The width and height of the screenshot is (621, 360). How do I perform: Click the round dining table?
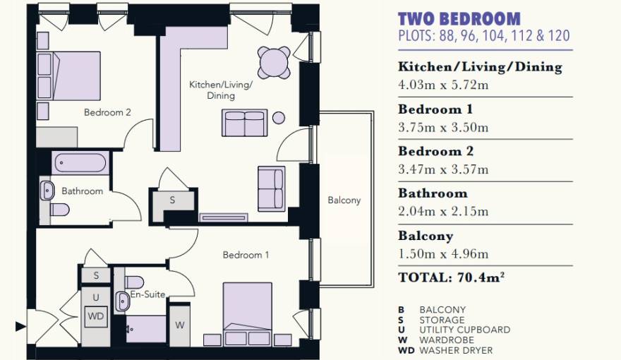pyautogui.click(x=274, y=62)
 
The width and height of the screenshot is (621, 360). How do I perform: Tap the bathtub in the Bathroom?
pyautogui.click(x=80, y=163)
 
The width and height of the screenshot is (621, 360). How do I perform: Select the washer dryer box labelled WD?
pyautogui.click(x=96, y=316)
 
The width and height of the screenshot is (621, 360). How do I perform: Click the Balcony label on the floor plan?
pyautogui.click(x=344, y=200)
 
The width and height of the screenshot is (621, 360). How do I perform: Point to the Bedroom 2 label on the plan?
pyautogui.click(x=107, y=112)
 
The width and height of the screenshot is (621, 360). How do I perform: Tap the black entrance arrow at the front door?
pyautogui.click(x=20, y=327)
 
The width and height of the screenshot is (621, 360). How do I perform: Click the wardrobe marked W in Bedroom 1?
pyautogui.click(x=179, y=325)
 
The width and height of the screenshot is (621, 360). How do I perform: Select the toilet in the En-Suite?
pyautogui.click(x=134, y=282)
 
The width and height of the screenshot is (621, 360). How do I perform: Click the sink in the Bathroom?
pyautogui.click(x=47, y=191)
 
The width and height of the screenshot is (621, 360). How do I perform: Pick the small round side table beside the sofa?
pyautogui.click(x=279, y=118)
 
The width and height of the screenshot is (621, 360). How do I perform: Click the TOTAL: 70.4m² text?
pyautogui.click(x=451, y=277)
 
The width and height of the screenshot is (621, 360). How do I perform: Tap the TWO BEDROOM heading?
pyautogui.click(x=459, y=19)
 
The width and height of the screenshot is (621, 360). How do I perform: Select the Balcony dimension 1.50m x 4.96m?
pyautogui.click(x=443, y=254)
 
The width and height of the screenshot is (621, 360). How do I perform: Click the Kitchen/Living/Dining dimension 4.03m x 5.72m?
pyautogui.click(x=443, y=85)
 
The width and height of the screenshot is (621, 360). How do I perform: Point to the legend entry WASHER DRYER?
pyautogui.click(x=456, y=351)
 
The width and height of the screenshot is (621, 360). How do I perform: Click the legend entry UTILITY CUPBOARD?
pyautogui.click(x=464, y=330)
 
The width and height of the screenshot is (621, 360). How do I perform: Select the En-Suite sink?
pyautogui.click(x=122, y=302)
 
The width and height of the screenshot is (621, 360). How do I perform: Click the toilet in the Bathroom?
pyautogui.click(x=60, y=210)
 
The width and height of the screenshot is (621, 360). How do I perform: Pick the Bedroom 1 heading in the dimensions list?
pyautogui.click(x=435, y=109)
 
